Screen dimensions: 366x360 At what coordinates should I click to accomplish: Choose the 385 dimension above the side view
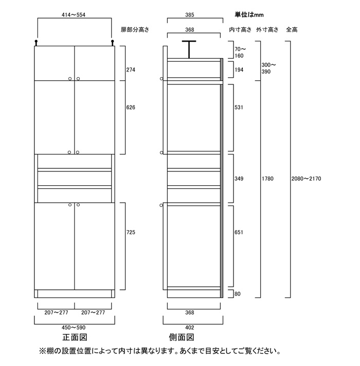[x=193, y=15]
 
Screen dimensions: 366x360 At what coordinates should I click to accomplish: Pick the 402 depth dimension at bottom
[x=193, y=327]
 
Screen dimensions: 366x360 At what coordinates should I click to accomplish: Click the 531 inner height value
[x=238, y=108]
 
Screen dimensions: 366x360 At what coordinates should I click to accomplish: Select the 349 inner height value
[x=238, y=179]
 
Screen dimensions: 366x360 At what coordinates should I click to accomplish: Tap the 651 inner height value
[x=238, y=232]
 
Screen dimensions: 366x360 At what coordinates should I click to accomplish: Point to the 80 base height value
[x=237, y=294]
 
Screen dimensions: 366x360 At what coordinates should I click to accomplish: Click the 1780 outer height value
[x=267, y=179]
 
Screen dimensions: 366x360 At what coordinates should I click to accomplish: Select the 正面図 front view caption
[x=74, y=338]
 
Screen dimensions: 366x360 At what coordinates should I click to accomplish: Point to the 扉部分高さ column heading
[x=135, y=30]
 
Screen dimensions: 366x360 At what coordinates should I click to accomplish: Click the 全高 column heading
[x=292, y=30]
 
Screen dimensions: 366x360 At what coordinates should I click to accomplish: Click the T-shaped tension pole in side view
[x=189, y=49]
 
